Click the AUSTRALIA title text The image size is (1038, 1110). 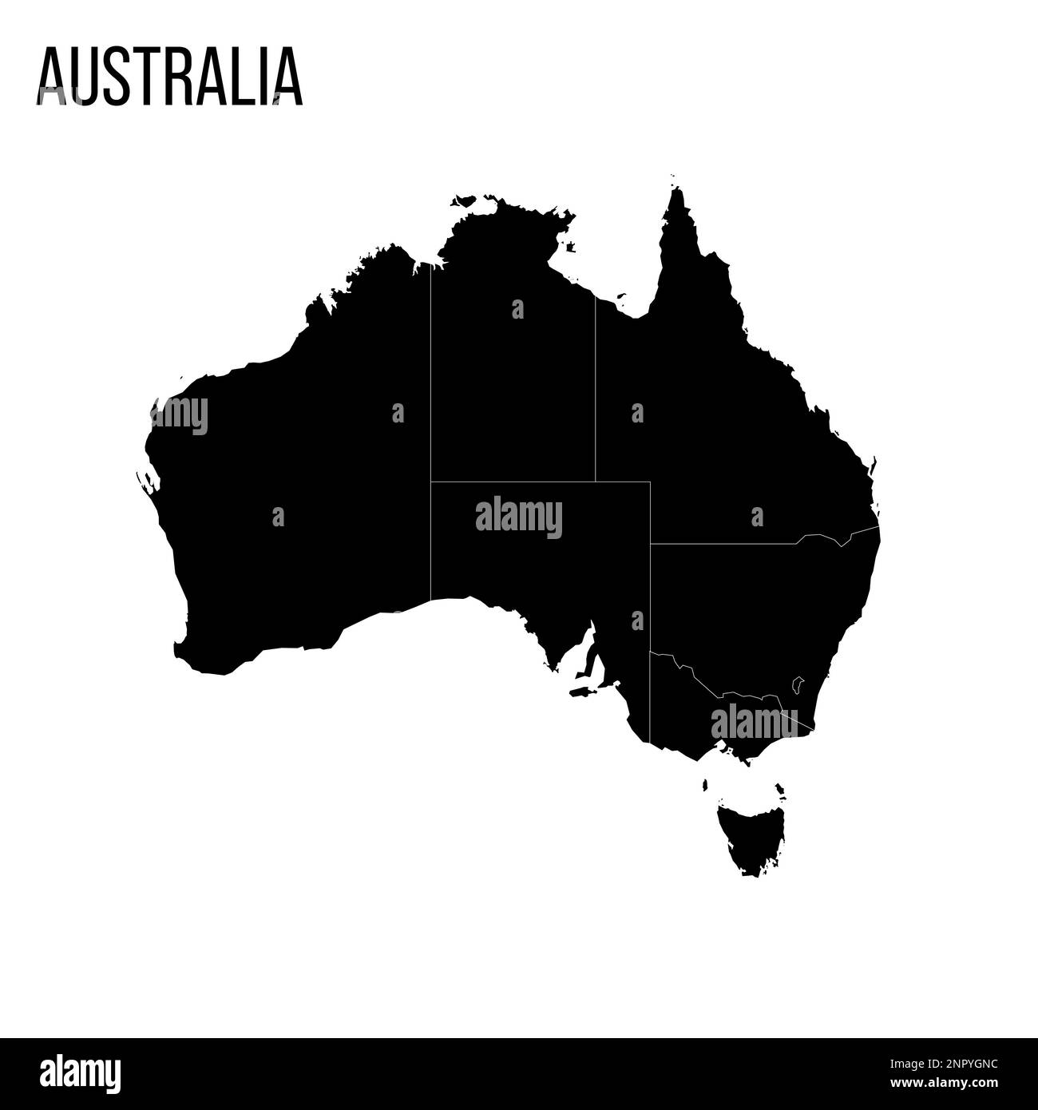pos(168,77)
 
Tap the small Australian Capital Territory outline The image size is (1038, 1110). pos(797,684)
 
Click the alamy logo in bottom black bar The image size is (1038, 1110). pos(81,1069)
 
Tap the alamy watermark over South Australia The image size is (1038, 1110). pos(519,517)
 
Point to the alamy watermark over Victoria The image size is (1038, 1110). pos(753,720)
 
